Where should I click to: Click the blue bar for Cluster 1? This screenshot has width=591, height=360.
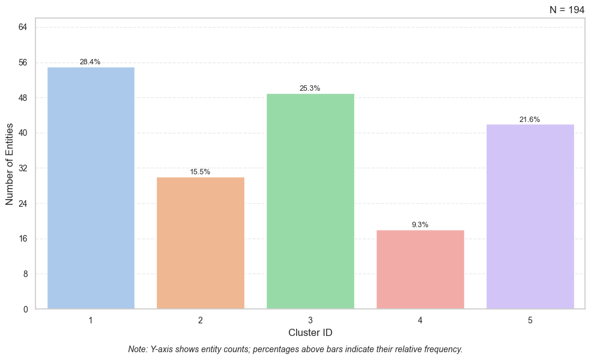(x=91, y=188)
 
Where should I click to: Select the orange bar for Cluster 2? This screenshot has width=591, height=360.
(x=200, y=243)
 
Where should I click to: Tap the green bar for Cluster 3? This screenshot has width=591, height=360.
(x=310, y=201)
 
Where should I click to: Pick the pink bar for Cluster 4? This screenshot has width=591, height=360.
(x=420, y=269)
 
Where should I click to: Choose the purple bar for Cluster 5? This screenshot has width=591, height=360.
(x=530, y=216)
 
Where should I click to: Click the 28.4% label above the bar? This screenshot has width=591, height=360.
(x=90, y=62)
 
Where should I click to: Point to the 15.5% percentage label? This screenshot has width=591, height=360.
(x=200, y=172)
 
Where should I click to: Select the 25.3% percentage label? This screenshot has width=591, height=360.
(x=310, y=88)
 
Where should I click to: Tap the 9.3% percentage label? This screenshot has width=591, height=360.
(x=420, y=225)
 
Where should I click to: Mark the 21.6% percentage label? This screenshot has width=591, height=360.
(x=530, y=120)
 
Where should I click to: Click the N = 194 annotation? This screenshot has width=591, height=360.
(x=566, y=10)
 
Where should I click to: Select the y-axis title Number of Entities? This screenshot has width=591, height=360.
(x=10, y=164)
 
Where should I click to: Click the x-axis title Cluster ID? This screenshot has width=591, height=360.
(x=310, y=332)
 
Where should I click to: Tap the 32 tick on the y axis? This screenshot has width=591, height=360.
(x=23, y=168)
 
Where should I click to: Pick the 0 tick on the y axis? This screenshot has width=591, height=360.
(x=26, y=310)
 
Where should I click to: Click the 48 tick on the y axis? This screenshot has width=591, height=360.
(x=23, y=97)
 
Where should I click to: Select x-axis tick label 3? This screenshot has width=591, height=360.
(x=310, y=320)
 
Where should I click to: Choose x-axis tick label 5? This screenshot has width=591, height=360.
(x=530, y=320)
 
